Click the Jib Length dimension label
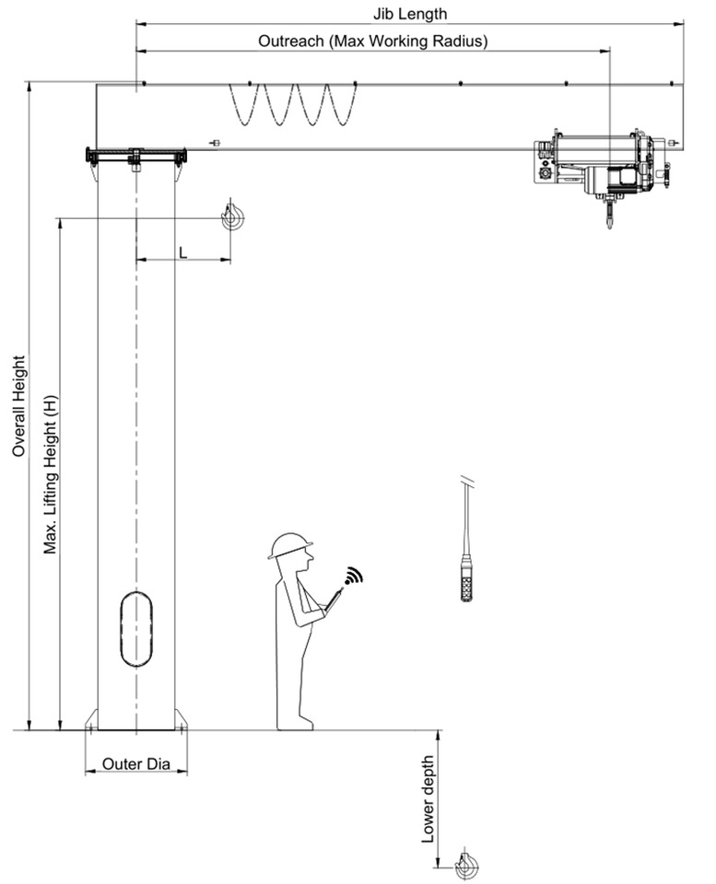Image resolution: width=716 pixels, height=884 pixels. pos(410,13)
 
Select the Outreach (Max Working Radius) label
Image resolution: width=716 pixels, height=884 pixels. pos(372,41)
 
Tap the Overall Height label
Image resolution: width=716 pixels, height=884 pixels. pos(18,406)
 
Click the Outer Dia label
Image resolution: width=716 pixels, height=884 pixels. pos(135,763)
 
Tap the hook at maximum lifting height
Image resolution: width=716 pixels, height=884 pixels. pos(232,217)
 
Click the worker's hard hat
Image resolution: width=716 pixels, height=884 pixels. pos(290,544)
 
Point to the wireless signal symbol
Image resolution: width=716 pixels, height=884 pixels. pos(354,576)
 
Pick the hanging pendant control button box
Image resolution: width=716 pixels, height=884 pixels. pos(467,583)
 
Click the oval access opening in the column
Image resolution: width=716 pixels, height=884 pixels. pos(135,629)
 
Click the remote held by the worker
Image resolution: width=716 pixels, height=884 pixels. pos(333,599)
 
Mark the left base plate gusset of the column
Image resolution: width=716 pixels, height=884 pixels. pos(91,719)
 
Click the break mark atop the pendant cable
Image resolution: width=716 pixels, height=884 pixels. pos(468,481)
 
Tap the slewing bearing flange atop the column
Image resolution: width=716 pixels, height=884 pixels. pos(135,156)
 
